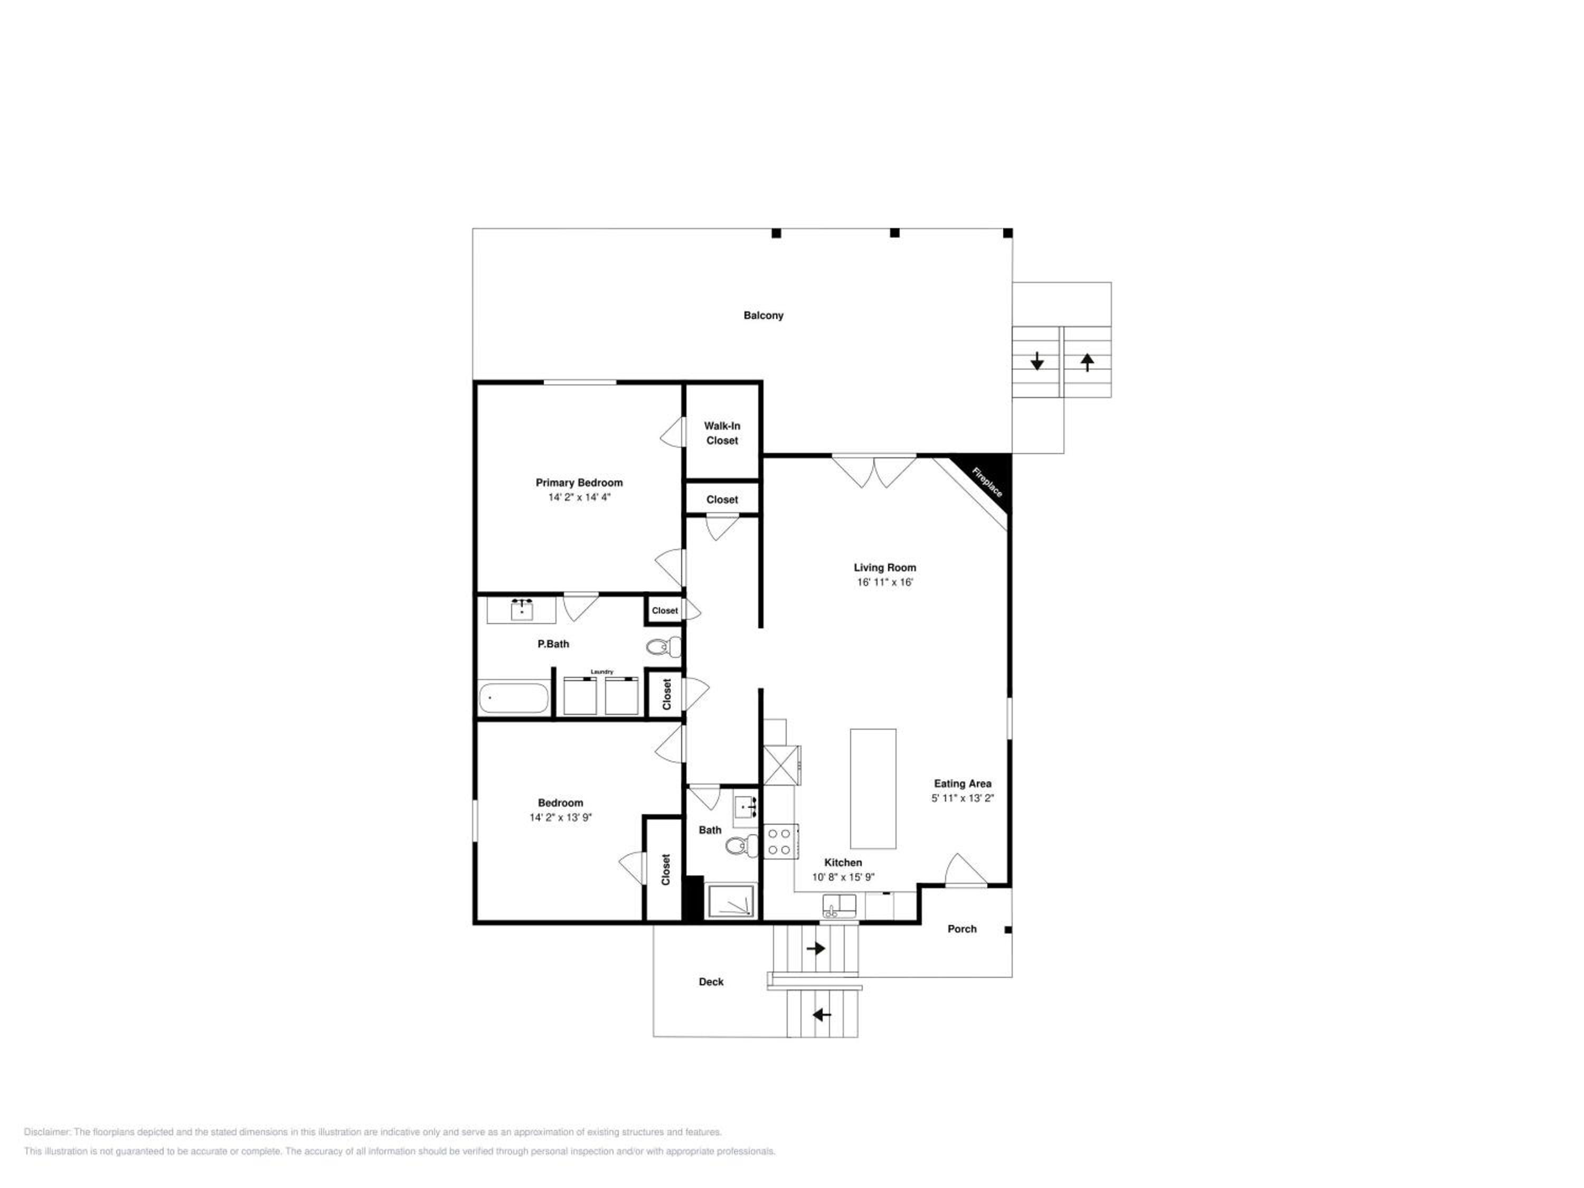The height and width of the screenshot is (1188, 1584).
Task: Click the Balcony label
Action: (763, 315)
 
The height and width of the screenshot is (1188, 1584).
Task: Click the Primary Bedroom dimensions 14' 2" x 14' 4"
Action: (579, 497)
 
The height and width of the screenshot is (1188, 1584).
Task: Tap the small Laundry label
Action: (601, 672)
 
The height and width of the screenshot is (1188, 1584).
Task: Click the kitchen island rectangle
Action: (873, 788)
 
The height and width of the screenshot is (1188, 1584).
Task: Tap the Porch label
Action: (961, 929)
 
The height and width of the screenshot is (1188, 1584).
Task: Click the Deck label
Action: (711, 982)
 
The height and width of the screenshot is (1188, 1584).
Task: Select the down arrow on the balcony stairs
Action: (1037, 362)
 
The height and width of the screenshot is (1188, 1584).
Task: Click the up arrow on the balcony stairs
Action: (1087, 362)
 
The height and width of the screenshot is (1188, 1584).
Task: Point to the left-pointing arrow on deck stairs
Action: (822, 1015)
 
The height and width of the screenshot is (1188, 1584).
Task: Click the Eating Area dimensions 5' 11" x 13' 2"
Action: (963, 798)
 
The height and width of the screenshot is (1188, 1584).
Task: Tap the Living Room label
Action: (885, 568)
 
